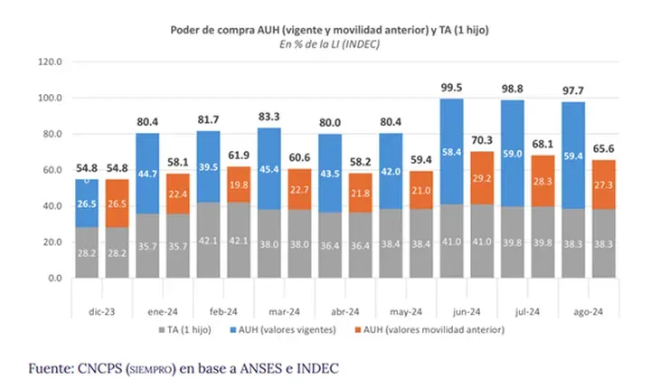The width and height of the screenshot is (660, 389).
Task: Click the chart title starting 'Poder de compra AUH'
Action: click(x=330, y=30)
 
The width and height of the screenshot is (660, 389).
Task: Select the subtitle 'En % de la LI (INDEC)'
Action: click(x=330, y=43)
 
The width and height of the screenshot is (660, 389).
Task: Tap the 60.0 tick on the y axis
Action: click(x=50, y=170)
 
